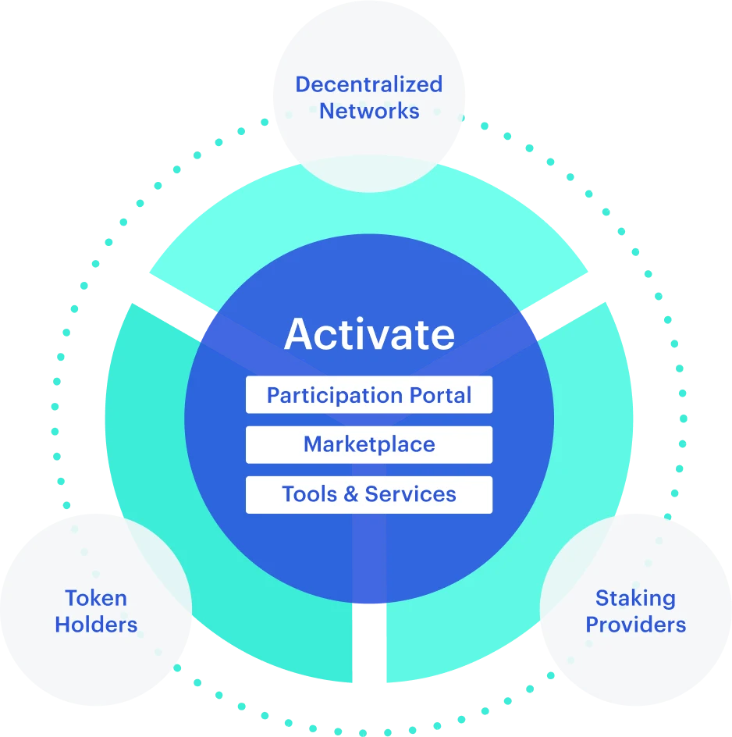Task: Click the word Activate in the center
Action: pos(369,334)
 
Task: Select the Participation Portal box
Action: pos(369,395)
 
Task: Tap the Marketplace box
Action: pos(369,445)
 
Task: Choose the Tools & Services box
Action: pos(369,494)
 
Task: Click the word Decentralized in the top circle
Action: pos(369,84)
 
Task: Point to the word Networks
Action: pos(369,111)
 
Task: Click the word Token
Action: pos(96,599)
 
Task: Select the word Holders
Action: pos(96,625)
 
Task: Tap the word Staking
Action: pos(635,599)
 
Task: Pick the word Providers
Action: pos(635,625)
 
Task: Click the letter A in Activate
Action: pos(299,334)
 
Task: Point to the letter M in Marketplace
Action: pos(312,445)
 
